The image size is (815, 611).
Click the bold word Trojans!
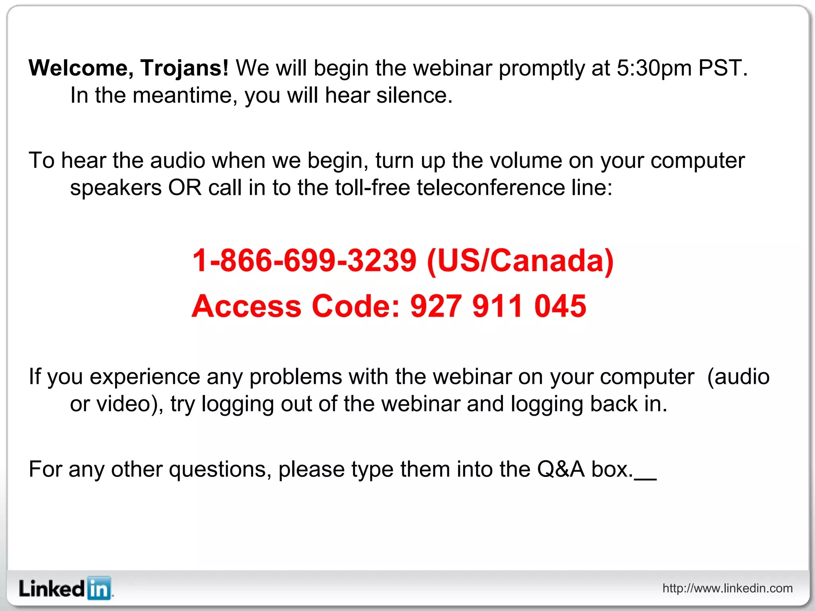pyautogui.click(x=184, y=68)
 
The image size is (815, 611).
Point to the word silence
pyautogui.click(x=414, y=96)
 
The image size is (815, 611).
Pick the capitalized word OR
pyautogui.click(x=185, y=188)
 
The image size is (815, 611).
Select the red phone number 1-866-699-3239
pyautogui.click(x=304, y=261)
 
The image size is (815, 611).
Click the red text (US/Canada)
pyautogui.click(x=520, y=261)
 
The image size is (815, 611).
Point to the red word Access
pyautogui.click(x=247, y=306)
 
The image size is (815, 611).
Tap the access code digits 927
pyautogui.click(x=436, y=306)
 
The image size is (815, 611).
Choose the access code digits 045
pyautogui.click(x=560, y=306)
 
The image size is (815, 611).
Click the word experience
pyautogui.click(x=145, y=377)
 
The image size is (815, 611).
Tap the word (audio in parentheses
pyautogui.click(x=738, y=377)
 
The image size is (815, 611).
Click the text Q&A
pyautogui.click(x=561, y=469)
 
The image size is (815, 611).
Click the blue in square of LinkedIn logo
pyautogui.click(x=99, y=588)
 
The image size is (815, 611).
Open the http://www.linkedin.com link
pyautogui.click(x=727, y=588)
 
